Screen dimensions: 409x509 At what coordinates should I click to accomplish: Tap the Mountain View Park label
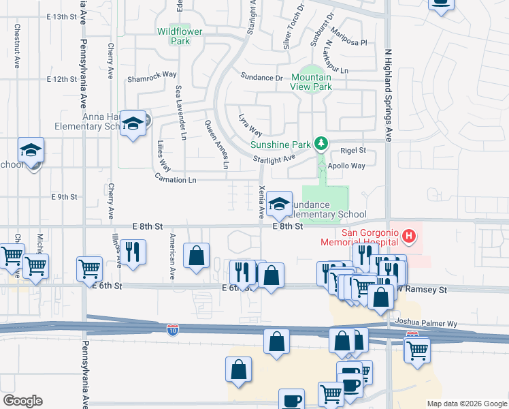(x=312, y=82)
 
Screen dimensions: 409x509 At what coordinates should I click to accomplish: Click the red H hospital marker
(x=408, y=237)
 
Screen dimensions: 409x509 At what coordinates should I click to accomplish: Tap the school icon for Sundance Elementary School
(x=279, y=203)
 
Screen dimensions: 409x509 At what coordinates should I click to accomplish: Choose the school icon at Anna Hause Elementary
(x=133, y=123)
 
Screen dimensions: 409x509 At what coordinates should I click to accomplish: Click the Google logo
(x=22, y=400)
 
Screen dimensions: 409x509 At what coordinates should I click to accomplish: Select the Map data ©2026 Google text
(x=466, y=404)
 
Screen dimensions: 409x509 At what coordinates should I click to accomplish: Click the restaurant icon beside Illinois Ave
(x=133, y=252)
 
